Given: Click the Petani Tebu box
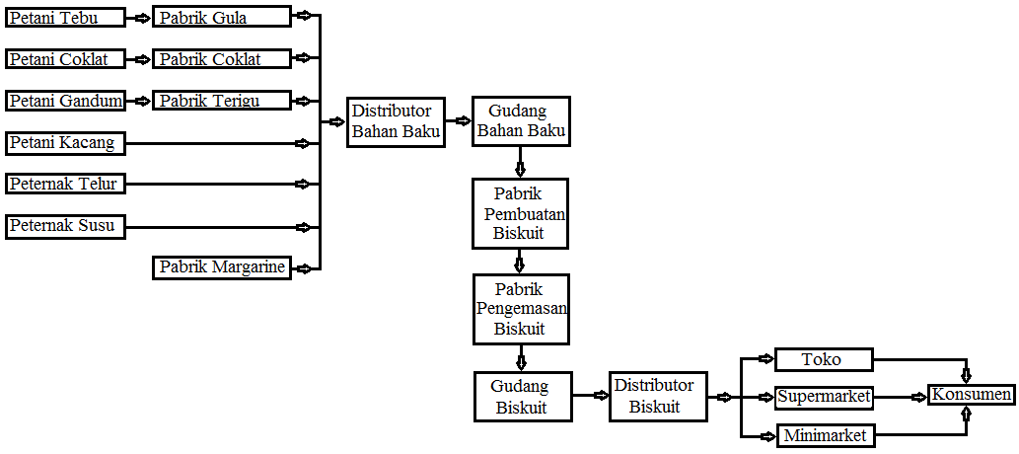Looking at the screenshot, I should click(66, 17).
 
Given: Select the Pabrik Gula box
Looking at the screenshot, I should click(222, 17).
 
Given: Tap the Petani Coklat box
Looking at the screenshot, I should click(66, 59).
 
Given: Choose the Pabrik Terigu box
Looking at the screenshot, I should click(222, 101).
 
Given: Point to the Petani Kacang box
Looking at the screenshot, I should click(66, 143).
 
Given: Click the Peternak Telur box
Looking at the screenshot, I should click(66, 184).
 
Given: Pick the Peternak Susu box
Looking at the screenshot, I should click(66, 226).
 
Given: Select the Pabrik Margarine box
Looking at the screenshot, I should click(222, 266).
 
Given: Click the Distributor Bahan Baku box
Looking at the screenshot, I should click(397, 122).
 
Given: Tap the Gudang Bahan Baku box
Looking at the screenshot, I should click(522, 121).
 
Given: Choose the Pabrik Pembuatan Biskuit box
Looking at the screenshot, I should click(522, 213).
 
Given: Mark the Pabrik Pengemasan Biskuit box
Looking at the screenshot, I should click(522, 308).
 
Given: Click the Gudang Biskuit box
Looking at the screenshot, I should click(522, 396).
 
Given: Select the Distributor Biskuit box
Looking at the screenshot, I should click(658, 396).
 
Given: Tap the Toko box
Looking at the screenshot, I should click(824, 359).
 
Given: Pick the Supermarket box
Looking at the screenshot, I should click(824, 397).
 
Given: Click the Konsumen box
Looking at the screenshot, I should click(971, 395).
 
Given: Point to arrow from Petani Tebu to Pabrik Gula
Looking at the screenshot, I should click(139, 18).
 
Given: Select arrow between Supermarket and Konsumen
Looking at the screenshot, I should click(901, 397).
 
